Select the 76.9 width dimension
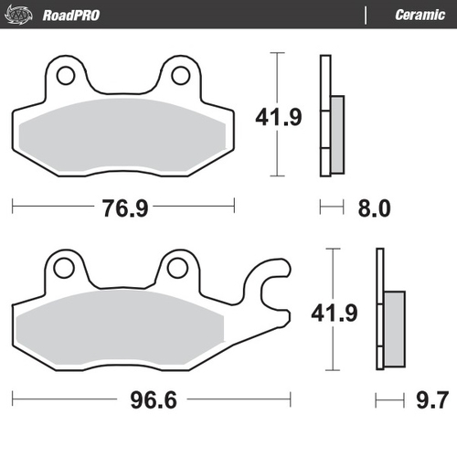tap(124, 208)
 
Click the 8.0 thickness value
tap(373, 208)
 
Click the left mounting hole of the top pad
tap(66, 75)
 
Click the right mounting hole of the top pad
tap(179, 75)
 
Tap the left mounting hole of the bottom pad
tap(63, 269)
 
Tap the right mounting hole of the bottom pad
tap(177, 269)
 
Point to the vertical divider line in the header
tap(367, 16)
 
